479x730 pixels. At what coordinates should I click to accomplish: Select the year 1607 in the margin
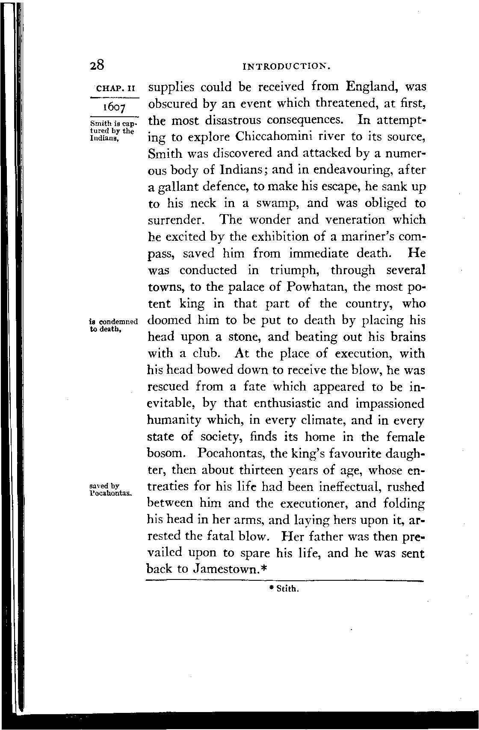pyautogui.click(x=114, y=106)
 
